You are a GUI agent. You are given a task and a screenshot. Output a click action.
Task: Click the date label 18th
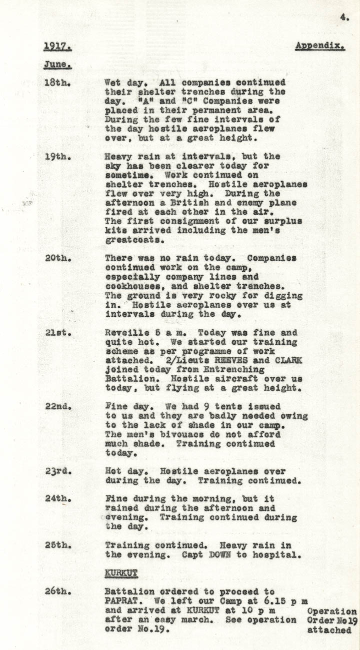(x=59, y=83)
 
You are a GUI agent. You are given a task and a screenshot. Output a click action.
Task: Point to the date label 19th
(x=59, y=157)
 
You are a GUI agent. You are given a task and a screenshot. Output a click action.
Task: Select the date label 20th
(x=59, y=259)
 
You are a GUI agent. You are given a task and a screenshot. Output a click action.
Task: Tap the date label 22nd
(x=59, y=407)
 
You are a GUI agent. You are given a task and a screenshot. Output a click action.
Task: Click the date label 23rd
(x=59, y=471)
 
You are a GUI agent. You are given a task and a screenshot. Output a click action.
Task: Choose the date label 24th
(x=59, y=499)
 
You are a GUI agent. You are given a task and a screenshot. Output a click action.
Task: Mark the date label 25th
(x=59, y=545)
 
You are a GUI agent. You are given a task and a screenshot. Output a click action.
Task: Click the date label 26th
(x=59, y=591)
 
